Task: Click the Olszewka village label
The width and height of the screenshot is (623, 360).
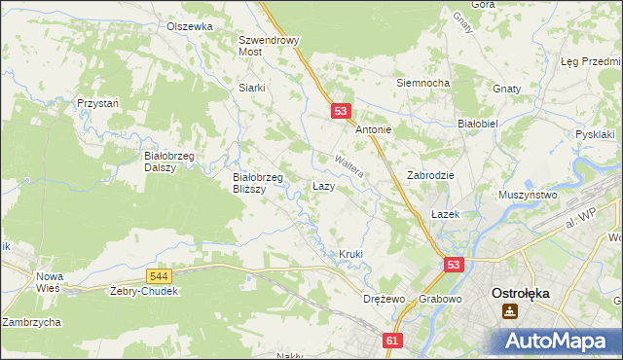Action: (189, 26)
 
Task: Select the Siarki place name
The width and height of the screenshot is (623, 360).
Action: (252, 87)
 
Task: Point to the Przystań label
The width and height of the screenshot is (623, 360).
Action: (97, 102)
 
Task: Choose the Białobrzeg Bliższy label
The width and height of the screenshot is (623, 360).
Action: (258, 183)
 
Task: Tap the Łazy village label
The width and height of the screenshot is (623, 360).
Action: (324, 185)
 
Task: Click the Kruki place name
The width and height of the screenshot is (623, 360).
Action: (350, 254)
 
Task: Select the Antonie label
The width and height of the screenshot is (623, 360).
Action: (373, 129)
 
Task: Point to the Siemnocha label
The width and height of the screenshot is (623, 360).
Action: (421, 83)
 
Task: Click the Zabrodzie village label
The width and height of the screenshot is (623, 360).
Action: (431, 175)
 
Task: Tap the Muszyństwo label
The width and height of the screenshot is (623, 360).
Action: (528, 195)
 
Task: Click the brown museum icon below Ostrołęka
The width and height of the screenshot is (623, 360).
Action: (509, 312)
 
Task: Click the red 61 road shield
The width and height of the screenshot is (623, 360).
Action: (392, 341)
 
